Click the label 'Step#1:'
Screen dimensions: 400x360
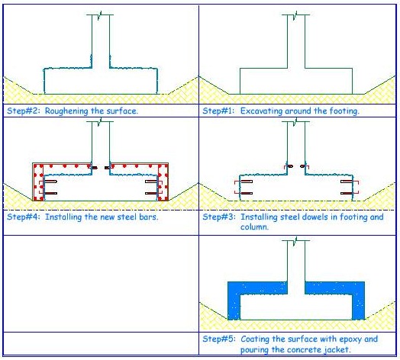coord(218,111)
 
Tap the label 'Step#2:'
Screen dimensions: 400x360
coord(24,111)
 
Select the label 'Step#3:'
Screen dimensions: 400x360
coord(219,217)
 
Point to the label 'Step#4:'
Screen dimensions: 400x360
coord(24,217)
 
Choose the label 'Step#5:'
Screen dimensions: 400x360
coord(219,339)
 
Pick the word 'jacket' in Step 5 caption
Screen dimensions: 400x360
coord(337,349)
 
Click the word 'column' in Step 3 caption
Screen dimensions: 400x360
coord(254,227)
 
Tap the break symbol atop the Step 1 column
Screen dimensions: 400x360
coord(295,14)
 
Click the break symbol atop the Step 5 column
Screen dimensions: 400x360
coord(295,240)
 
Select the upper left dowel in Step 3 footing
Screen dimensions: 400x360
coord(246,182)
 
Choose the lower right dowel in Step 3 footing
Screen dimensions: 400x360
coord(347,193)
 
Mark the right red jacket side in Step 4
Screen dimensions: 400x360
coord(163,182)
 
